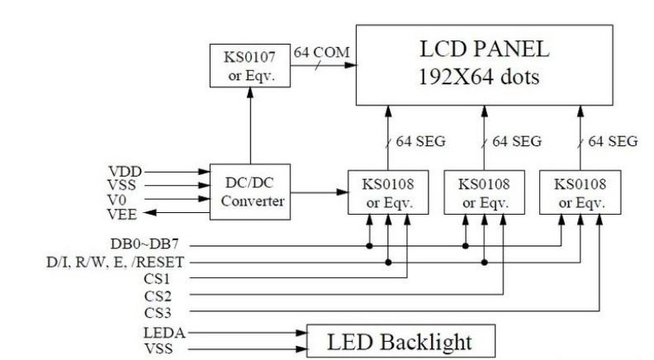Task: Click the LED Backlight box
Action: tap(401, 339)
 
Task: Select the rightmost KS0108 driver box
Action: tap(581, 193)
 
